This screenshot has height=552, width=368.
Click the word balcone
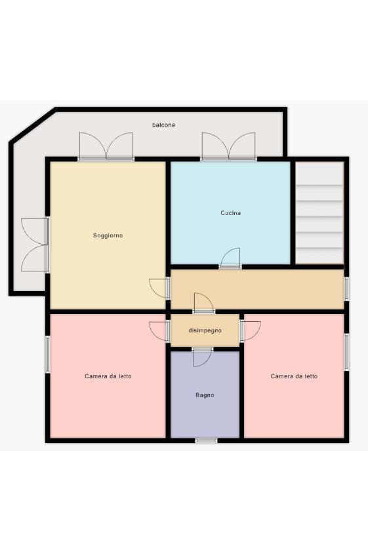(x=163, y=125)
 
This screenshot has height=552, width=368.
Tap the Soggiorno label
(x=108, y=235)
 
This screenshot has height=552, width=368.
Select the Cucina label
(x=231, y=213)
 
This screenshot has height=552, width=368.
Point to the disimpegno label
(x=205, y=330)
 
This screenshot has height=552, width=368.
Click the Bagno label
(x=205, y=395)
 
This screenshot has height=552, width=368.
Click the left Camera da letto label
(x=108, y=376)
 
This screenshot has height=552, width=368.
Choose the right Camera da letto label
(x=294, y=376)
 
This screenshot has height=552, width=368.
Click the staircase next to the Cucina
(x=319, y=212)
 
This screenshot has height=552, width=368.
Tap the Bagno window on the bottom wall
(x=207, y=441)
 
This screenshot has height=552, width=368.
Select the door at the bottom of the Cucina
(x=230, y=258)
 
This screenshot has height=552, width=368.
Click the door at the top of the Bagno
(x=203, y=357)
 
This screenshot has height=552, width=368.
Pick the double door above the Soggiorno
(x=106, y=146)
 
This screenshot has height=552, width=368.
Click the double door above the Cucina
(x=228, y=146)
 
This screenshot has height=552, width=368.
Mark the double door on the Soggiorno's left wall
(x=35, y=245)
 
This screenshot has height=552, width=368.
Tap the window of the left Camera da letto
(x=47, y=354)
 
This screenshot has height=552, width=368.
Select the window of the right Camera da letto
(x=346, y=352)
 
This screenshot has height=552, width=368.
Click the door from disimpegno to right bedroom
(x=251, y=331)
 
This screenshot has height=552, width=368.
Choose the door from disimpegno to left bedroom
(x=159, y=331)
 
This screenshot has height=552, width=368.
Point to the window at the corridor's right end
(x=346, y=289)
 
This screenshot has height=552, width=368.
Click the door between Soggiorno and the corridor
(x=159, y=288)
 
